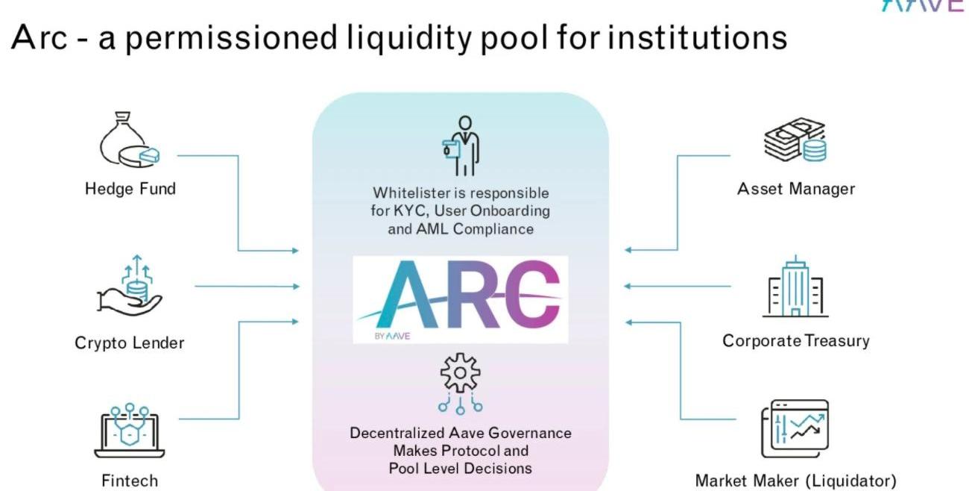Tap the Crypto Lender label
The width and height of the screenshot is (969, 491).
(x=129, y=343)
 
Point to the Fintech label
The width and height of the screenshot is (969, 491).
(x=130, y=480)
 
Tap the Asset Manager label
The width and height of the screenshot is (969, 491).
(x=795, y=189)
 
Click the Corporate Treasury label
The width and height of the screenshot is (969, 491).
(x=795, y=341)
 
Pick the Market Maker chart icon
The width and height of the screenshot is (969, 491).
(x=795, y=428)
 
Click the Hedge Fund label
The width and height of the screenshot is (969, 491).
(x=130, y=189)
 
